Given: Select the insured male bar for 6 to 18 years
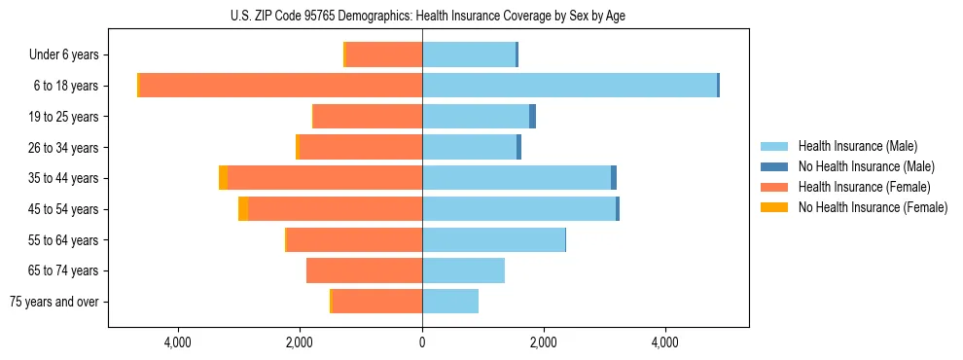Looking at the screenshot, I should click(569, 86).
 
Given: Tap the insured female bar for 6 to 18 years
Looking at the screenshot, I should click(281, 86).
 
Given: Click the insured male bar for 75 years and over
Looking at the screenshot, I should click(449, 302).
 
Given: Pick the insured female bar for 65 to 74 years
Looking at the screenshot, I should click(364, 270).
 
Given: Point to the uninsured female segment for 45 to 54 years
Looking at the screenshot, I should click(243, 209).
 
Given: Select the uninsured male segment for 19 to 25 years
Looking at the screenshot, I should click(533, 117).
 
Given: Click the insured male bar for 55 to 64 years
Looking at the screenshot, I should click(493, 240).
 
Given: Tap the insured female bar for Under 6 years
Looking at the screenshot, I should click(384, 55).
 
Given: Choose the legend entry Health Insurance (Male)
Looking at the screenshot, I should click(857, 146).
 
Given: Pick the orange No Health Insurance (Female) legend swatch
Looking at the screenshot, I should click(775, 207).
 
